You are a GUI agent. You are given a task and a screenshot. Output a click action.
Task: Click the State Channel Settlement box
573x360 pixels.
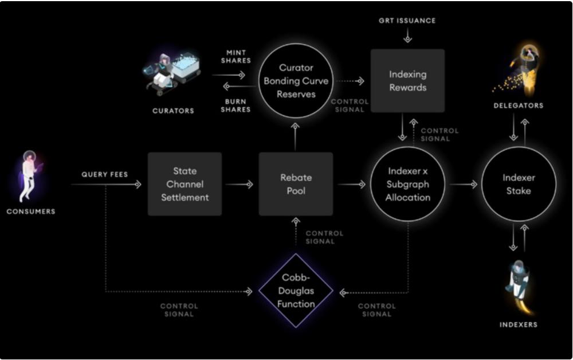point(185,184)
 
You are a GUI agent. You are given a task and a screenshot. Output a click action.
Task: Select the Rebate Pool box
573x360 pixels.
point(296,184)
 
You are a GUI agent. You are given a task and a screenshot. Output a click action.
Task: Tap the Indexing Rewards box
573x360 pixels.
point(407,81)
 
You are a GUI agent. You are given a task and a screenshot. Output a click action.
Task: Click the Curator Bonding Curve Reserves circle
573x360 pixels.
point(296,81)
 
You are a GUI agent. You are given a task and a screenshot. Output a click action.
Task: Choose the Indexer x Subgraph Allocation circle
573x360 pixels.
point(408,184)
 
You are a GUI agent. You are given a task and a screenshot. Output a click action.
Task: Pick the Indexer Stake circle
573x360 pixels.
point(519,184)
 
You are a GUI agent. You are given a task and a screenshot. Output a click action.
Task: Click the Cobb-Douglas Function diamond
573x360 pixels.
point(296,290)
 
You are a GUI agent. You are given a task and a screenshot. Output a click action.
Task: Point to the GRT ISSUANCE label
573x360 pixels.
point(407,21)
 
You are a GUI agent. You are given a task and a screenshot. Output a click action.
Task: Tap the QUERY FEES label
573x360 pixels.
point(105,174)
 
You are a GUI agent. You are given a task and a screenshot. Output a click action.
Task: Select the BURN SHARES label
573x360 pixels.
point(236,105)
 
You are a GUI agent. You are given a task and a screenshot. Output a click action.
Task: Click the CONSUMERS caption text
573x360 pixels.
point(31,212)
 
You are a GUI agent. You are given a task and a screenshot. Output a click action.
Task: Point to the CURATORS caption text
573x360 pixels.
point(173,111)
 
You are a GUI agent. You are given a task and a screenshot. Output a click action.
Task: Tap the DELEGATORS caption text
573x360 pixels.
point(519,105)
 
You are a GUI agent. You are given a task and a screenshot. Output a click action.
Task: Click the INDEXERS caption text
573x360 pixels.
point(519,324)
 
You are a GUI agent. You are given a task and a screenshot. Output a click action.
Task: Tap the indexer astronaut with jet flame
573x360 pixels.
point(519,285)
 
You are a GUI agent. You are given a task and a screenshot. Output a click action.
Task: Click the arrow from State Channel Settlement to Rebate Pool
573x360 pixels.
point(240,185)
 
